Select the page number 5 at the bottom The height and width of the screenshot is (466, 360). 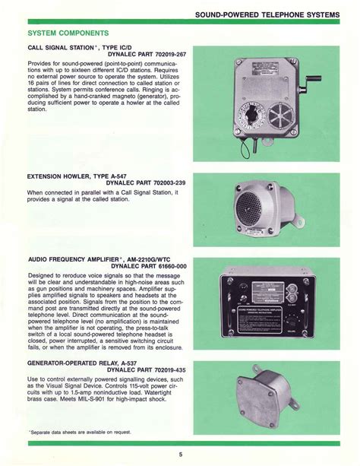(x=179, y=455)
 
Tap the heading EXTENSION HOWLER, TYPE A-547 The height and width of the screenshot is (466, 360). (x=74, y=175)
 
